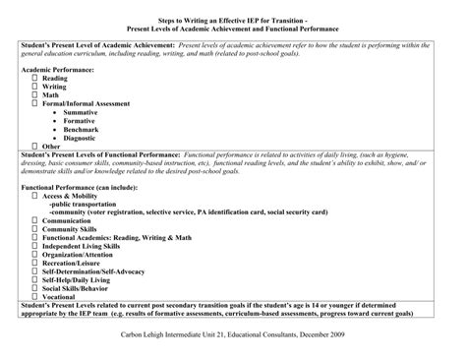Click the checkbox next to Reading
[x=34, y=77]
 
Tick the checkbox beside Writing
[x=34, y=86]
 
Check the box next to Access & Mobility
[x=34, y=196]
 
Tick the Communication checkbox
[x=34, y=220]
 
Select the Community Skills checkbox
[x=34, y=229]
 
